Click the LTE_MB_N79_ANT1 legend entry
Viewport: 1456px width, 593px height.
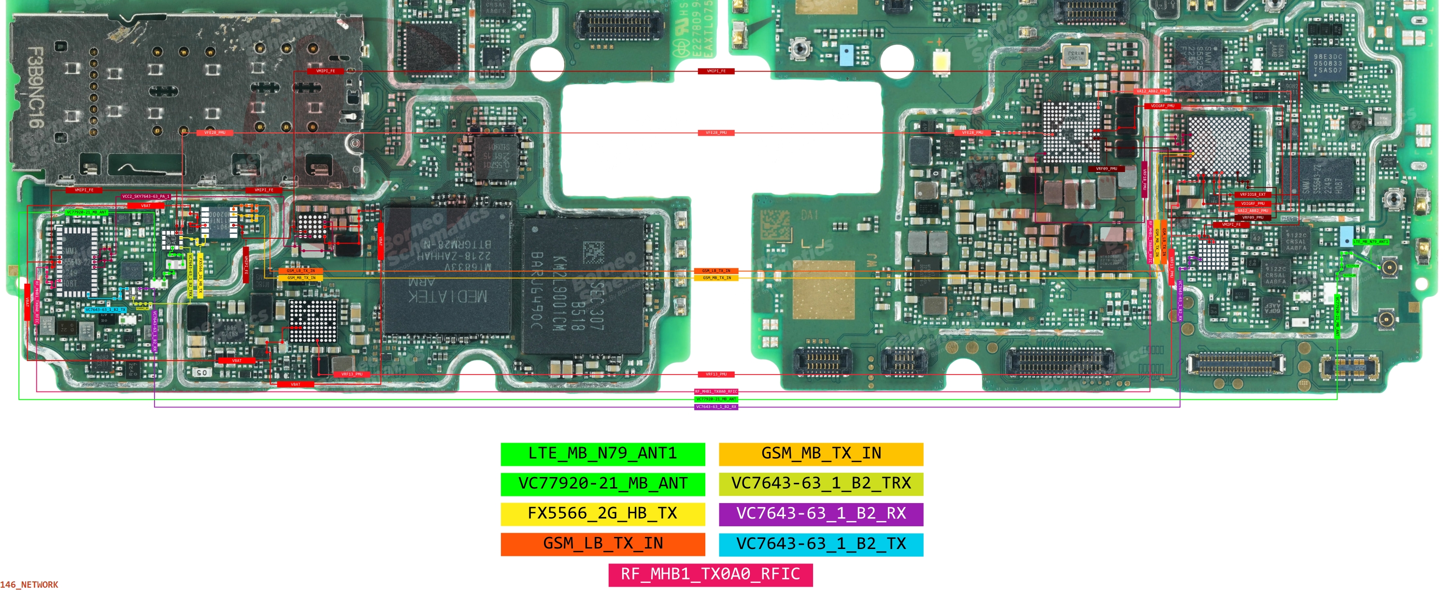[602, 453]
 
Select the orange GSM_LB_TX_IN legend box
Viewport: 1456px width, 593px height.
[602, 544]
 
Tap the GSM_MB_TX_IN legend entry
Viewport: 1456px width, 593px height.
[821, 453]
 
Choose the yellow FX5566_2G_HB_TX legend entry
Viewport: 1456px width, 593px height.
[602, 513]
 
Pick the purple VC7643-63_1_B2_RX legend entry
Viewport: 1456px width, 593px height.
[821, 513]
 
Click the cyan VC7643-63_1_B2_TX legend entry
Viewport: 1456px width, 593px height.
[821, 544]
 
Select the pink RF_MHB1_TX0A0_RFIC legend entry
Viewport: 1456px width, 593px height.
[711, 574]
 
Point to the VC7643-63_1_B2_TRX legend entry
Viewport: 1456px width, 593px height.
[821, 483]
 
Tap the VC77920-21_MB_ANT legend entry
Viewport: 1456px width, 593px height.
[602, 483]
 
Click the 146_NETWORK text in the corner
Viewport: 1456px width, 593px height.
[29, 584]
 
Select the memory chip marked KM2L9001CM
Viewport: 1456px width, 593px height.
[582, 289]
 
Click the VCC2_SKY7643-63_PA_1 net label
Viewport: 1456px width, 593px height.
[146, 197]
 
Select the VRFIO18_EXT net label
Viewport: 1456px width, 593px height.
[1253, 194]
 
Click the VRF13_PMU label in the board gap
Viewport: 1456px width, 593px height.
[715, 374]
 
